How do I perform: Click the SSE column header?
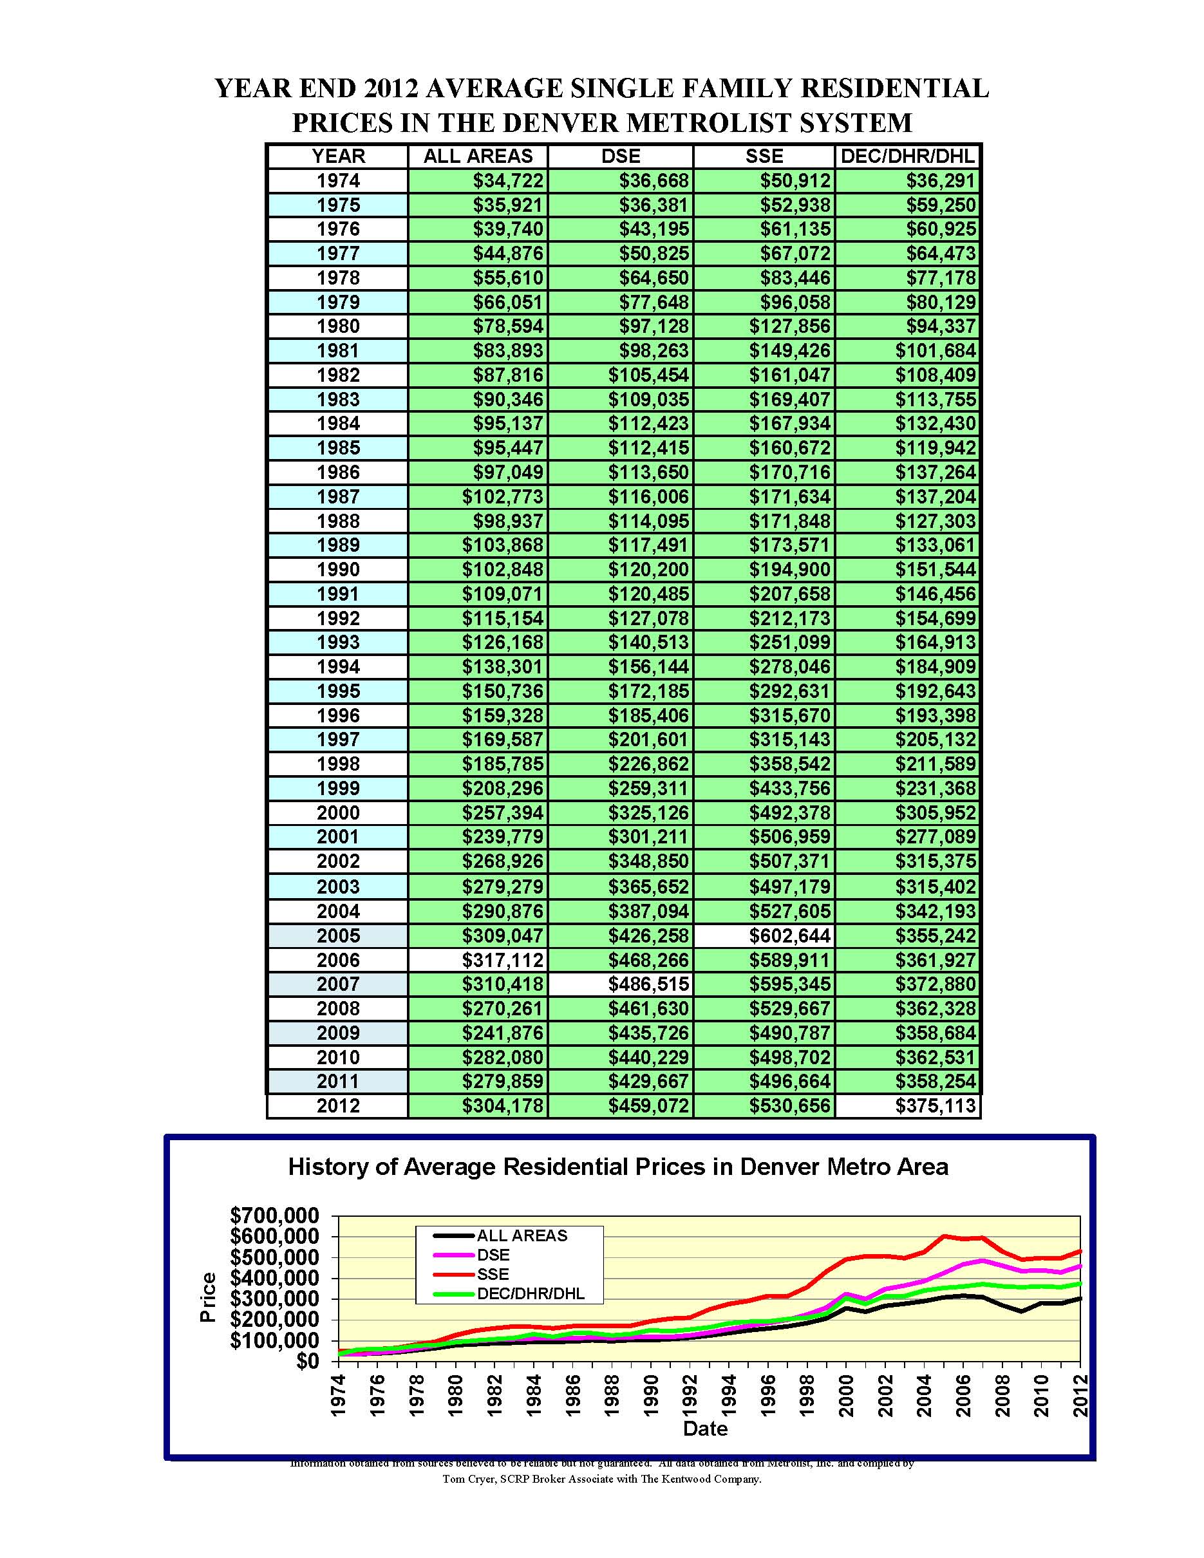click(763, 156)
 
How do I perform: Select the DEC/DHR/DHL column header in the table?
click(907, 156)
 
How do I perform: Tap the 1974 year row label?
click(338, 180)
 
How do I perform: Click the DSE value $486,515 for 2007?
click(648, 984)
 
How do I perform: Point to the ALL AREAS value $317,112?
click(502, 959)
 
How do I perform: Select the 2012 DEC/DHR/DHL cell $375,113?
click(935, 1105)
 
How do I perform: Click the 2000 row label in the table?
click(338, 812)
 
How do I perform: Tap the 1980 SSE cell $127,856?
click(789, 326)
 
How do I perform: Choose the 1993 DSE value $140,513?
click(648, 642)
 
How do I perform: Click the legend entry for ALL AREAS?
click(522, 1235)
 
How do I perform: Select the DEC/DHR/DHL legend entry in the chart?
click(530, 1293)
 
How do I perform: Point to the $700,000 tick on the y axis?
click(275, 1215)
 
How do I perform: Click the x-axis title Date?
click(705, 1428)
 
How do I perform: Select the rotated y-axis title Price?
click(207, 1297)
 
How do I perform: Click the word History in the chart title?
click(332, 1167)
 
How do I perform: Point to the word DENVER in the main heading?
click(563, 123)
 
